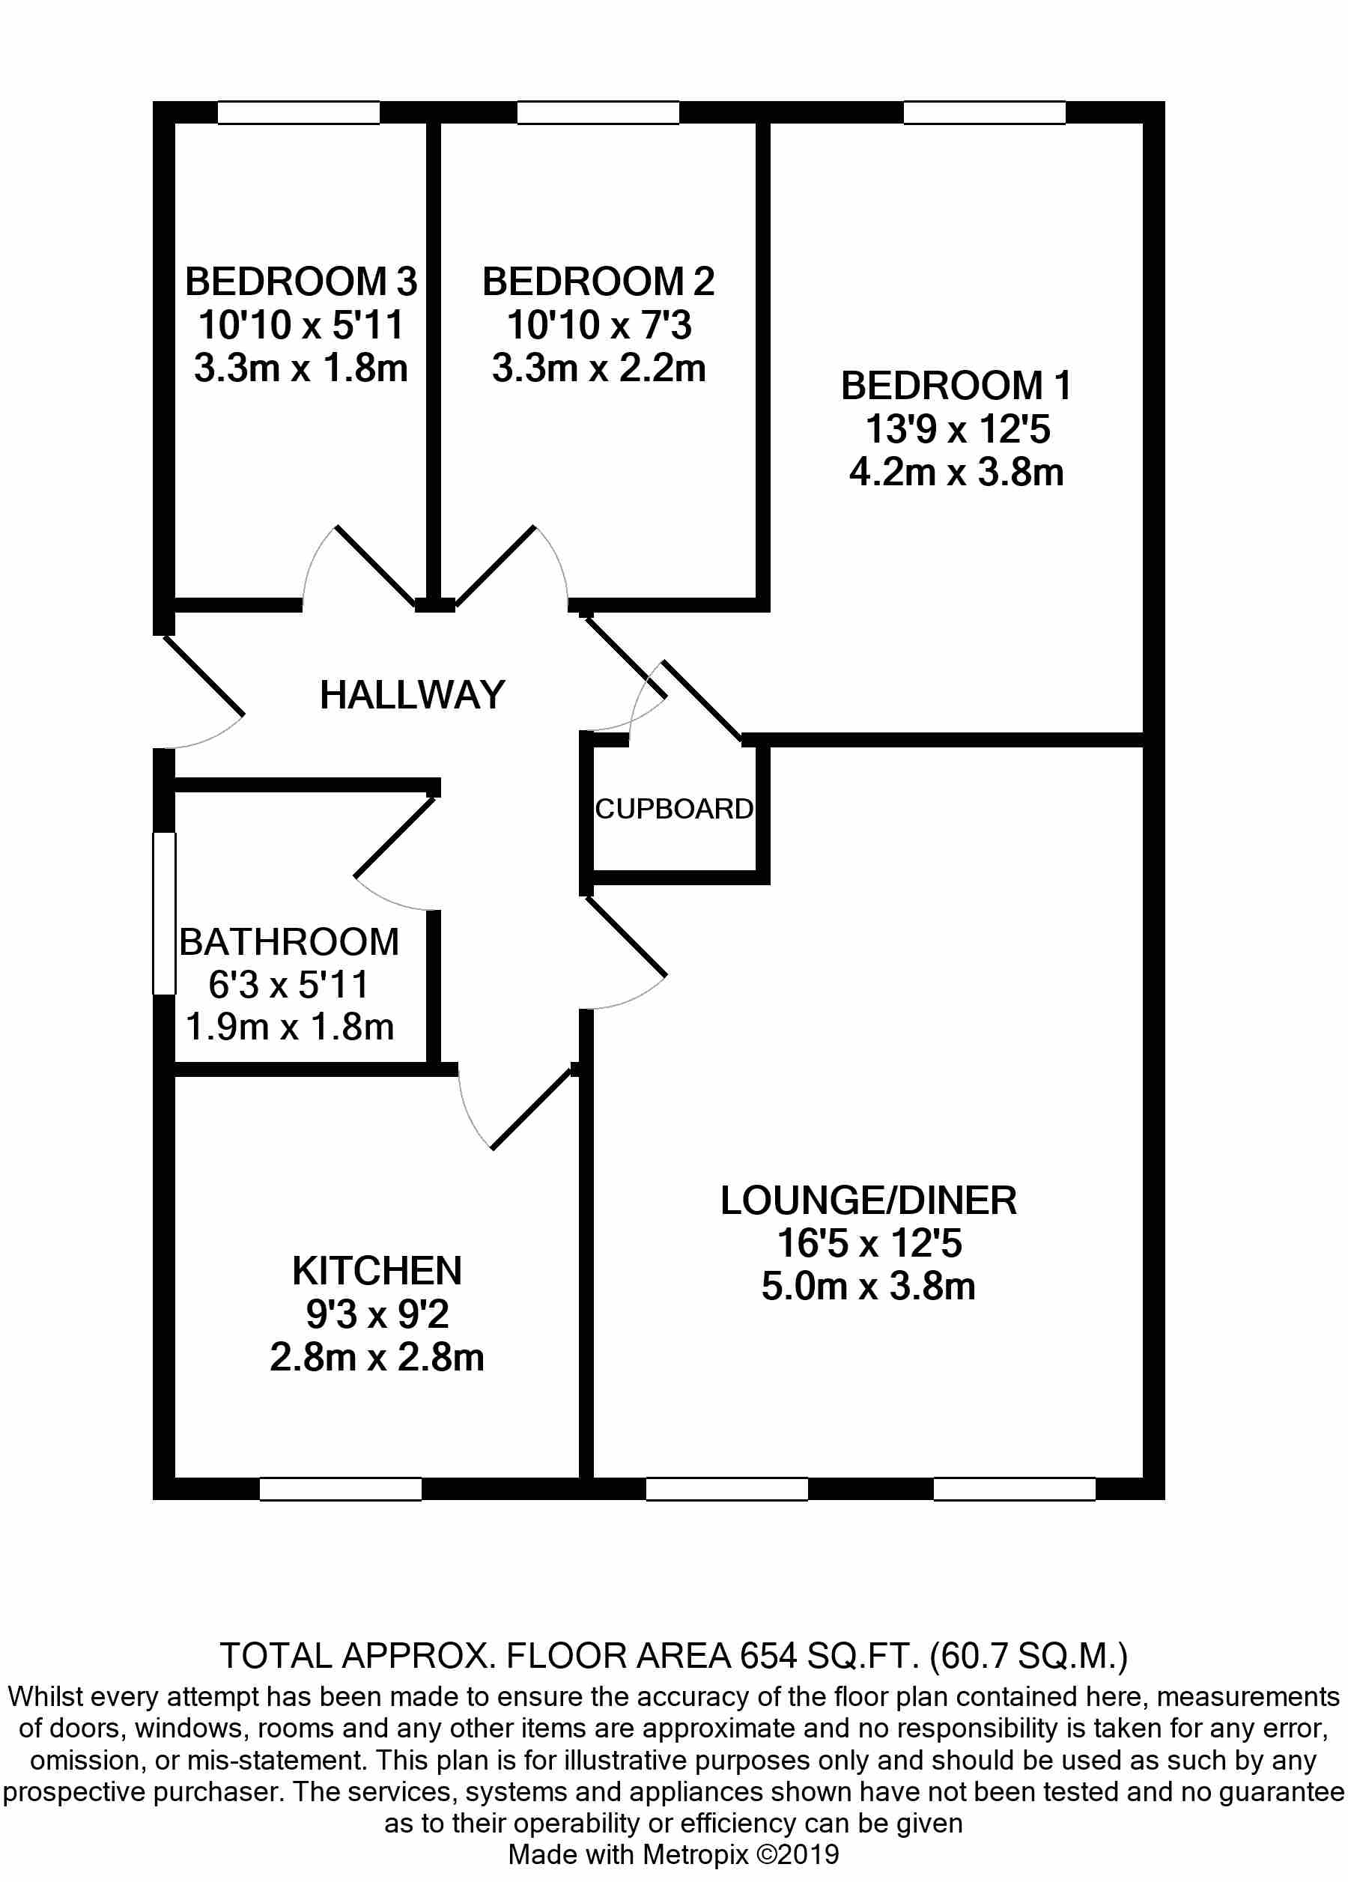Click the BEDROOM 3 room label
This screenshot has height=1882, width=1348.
click(300, 282)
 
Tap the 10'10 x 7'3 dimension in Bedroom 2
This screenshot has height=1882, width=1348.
click(598, 325)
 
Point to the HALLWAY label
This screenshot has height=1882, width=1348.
click(413, 694)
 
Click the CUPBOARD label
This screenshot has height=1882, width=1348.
click(673, 808)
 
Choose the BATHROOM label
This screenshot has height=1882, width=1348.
click(288, 942)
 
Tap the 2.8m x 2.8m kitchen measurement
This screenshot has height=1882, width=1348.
click(377, 1358)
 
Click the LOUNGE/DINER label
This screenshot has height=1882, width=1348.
click(868, 1200)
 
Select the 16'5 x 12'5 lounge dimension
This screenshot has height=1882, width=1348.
click(868, 1243)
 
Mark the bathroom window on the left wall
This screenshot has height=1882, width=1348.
click(164, 913)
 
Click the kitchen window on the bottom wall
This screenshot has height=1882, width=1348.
click(340, 1490)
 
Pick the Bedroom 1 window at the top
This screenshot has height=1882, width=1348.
click(984, 113)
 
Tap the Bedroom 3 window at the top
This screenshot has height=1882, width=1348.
click(299, 113)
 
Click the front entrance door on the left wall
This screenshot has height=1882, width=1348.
click(204, 675)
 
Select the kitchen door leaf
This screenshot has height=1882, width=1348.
click(532, 1108)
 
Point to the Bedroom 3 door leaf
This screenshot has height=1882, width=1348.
click(375, 564)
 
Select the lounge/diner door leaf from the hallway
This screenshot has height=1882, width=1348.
click(626, 938)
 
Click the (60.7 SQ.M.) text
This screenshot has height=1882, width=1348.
click(1029, 1656)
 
